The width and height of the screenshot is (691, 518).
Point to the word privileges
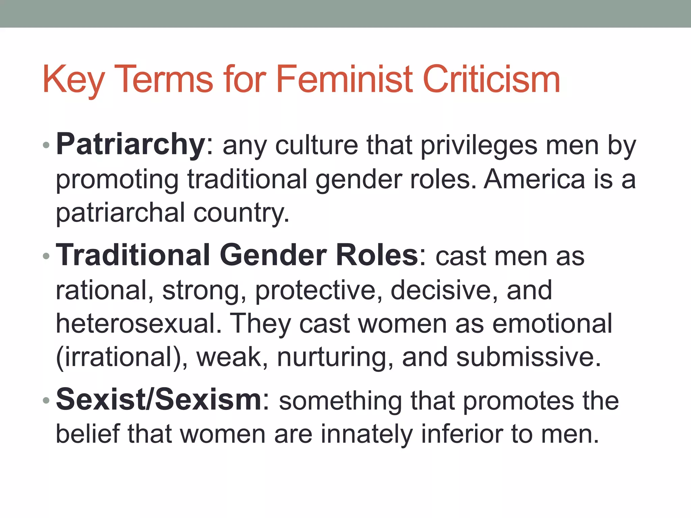pos(479,146)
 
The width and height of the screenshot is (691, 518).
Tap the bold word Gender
pos(273,255)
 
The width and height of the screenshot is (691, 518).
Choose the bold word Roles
pos(377,255)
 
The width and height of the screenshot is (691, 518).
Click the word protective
pos(315,290)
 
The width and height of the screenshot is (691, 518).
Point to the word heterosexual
pos(139,323)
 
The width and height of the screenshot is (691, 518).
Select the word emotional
pos(552,323)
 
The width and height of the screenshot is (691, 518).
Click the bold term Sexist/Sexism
pos(159,400)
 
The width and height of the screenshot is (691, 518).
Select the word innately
pos(366,434)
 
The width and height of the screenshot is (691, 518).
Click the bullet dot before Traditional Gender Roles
pos(46,256)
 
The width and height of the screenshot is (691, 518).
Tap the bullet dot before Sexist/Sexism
pos(46,401)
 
